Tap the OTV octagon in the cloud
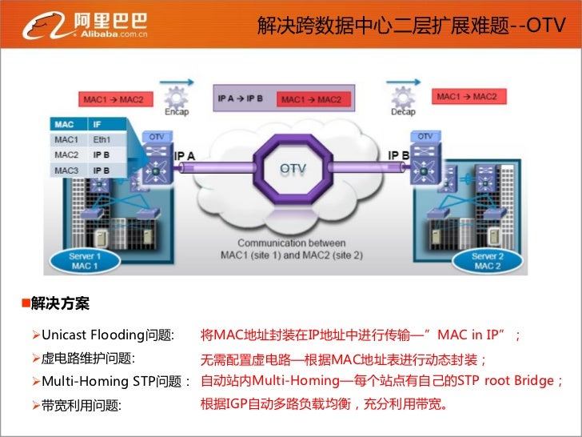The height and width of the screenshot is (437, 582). pos(291,168)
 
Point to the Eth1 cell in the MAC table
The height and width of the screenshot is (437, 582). pos(103,139)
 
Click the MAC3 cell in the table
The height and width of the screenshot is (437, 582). pos(67,170)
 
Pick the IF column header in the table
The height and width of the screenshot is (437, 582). pos(98,124)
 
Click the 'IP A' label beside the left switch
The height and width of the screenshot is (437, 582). pos(185,155)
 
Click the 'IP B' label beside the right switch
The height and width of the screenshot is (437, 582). pos(399,154)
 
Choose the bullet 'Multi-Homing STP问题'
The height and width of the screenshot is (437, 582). pos(111,380)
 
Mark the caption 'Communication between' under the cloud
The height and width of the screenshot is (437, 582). pos(291,243)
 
